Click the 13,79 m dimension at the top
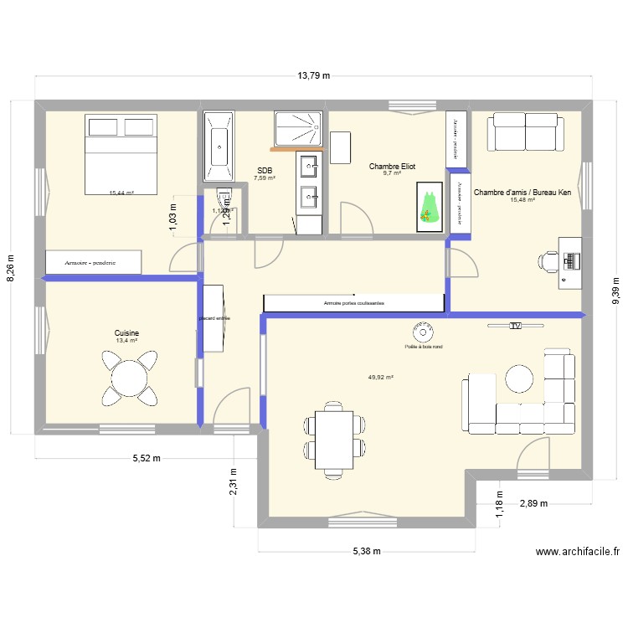(314, 75)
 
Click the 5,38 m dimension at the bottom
(367, 551)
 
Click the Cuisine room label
(127, 333)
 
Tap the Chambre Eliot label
(392, 167)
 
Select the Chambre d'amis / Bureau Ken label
(522, 192)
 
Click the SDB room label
(265, 170)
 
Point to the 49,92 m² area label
(380, 378)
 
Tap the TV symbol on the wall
(515, 325)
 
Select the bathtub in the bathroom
(219, 146)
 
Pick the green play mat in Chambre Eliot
(430, 206)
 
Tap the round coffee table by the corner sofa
(520, 378)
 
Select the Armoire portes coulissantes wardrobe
(353, 303)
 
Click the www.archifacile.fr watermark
(577, 552)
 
